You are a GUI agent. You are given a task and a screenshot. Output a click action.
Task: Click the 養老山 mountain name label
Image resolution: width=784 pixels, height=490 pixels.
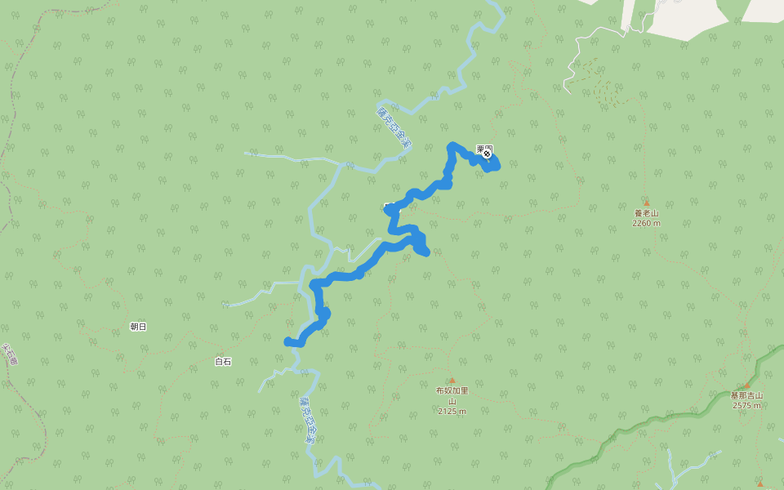pos(646,213)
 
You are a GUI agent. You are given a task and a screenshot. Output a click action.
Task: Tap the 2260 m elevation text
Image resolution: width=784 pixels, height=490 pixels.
pos(646,223)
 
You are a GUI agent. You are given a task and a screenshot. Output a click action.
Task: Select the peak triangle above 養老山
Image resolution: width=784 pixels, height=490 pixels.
pos(646,203)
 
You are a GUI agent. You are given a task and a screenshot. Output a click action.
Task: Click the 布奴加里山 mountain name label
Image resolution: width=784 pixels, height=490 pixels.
pos(452,395)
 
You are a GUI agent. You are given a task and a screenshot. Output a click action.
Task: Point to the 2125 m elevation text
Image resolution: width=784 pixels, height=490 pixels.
pos(452,411)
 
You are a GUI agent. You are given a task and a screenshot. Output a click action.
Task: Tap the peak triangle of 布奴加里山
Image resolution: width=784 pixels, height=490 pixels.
pos(452,380)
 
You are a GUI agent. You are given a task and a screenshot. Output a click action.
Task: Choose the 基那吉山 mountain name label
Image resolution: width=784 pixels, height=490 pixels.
pos(746,395)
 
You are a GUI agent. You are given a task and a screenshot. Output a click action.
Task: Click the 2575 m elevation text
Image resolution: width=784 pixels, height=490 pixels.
pos(746,405)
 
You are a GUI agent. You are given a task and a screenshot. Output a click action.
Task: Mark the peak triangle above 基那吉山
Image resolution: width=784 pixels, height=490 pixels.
pos(746,385)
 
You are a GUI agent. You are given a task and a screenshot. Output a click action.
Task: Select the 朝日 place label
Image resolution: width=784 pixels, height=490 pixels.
pos(138,327)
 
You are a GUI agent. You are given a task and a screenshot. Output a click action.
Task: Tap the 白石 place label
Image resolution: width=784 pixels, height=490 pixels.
pos(223,361)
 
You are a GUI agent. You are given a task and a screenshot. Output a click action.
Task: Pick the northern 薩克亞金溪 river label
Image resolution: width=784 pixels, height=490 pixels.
pos(394,127)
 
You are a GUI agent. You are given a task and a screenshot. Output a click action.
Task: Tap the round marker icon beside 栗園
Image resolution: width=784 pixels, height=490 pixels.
pos(488,154)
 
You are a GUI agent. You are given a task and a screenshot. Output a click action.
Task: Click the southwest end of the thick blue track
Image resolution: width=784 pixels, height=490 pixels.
pos(287,341)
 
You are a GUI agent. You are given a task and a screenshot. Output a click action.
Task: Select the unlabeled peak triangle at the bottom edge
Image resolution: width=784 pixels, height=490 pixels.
pos(759,483)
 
